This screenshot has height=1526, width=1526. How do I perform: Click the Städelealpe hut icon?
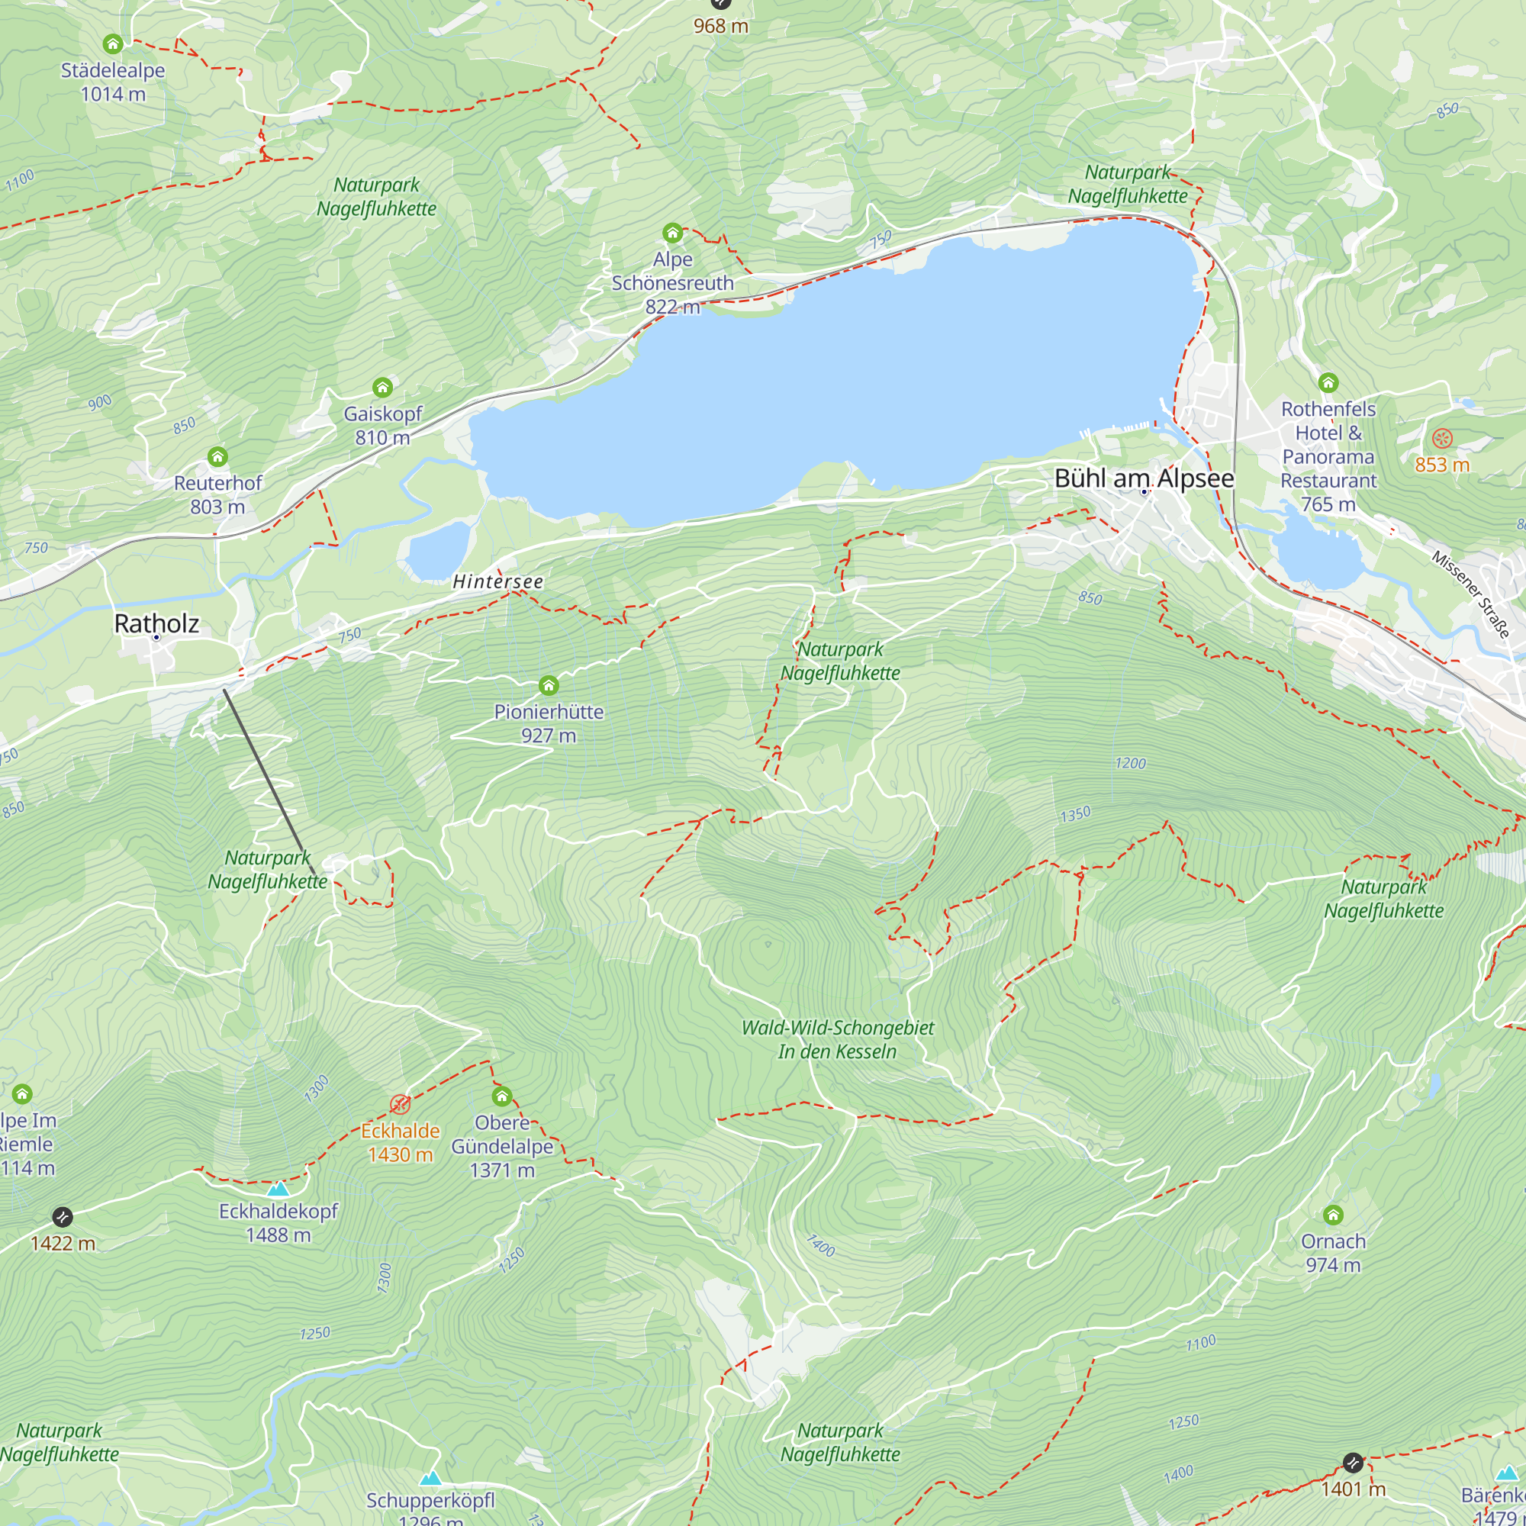[x=113, y=43]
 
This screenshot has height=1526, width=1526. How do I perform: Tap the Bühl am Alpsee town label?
[x=1144, y=478]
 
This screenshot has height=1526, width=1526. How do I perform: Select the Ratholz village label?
[x=156, y=623]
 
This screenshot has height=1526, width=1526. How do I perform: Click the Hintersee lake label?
[x=497, y=581]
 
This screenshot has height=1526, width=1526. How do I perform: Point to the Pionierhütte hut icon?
[x=549, y=685]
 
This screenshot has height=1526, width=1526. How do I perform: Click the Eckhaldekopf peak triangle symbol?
[x=277, y=1190]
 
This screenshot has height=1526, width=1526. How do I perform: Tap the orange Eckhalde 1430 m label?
[x=401, y=1142]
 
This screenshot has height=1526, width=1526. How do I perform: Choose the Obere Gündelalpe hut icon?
[x=502, y=1096]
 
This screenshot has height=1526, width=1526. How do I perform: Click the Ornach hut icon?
[x=1333, y=1215]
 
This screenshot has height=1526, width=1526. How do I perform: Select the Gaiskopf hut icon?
[x=382, y=387]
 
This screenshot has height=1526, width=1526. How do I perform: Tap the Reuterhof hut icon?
[x=217, y=456]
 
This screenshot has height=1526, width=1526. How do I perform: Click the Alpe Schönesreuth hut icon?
[x=672, y=233]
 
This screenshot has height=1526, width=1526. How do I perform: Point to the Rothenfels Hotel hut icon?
[x=1328, y=383]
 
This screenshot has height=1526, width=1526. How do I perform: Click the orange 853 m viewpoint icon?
[x=1442, y=439]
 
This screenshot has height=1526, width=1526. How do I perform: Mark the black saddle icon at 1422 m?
[x=63, y=1217]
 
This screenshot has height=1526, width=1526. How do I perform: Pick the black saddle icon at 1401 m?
[x=1353, y=1463]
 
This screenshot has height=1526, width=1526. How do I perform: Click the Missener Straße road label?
[x=1471, y=594]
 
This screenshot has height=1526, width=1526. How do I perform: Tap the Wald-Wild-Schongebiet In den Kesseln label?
[x=837, y=1039]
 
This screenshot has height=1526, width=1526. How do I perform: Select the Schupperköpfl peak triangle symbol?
[x=430, y=1479]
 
